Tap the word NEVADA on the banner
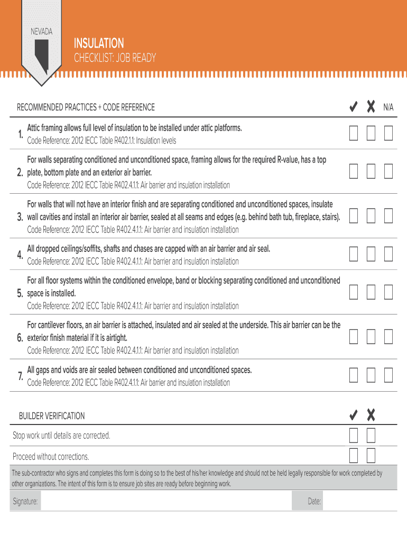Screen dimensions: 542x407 pos(41,32)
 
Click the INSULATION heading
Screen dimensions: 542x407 pos(99,43)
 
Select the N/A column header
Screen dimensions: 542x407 pos(388,107)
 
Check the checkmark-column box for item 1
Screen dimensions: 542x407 pos(354,133)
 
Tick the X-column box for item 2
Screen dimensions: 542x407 pos(371,171)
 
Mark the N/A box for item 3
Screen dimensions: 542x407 pos(388,215)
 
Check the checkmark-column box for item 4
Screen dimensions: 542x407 pos(354,254)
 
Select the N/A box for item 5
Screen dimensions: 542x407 pos(388,292)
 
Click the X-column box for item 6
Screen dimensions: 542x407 pos(371,337)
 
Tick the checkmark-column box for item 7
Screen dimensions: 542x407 pos(354,375)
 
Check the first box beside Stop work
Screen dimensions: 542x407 pos(354,436)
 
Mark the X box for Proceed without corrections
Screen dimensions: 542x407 pos(371,455)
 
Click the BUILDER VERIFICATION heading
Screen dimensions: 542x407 pos(52,416)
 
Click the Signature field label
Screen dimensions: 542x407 pos(25,501)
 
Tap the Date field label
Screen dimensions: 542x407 pos(314,501)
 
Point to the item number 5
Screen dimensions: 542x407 pos(20,293)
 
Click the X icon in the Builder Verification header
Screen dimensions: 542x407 pos(371,415)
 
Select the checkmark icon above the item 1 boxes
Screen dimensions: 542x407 pos(354,107)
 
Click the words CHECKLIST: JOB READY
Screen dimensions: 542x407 pos(115,58)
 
